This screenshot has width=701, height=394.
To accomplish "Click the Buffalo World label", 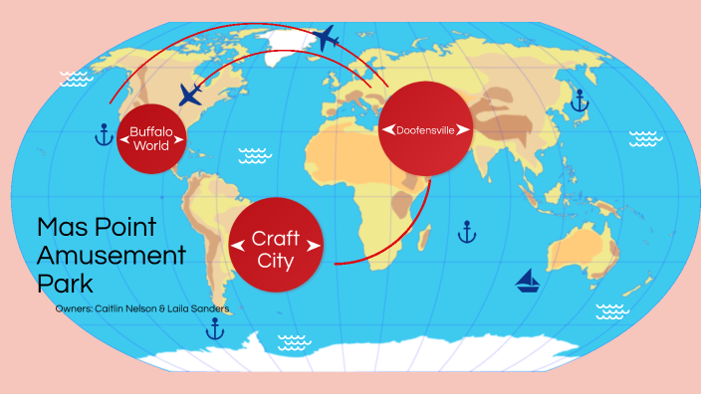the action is [x=150, y=139].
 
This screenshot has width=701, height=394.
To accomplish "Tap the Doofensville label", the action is [x=424, y=130].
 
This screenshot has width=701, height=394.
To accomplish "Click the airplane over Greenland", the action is [x=326, y=39].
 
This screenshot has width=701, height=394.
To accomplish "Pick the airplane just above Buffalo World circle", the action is [x=191, y=95].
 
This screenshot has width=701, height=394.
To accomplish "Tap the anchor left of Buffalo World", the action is [x=103, y=134].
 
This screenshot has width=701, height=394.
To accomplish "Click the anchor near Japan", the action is [x=578, y=99].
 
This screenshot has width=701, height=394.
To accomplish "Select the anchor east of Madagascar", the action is [x=465, y=232].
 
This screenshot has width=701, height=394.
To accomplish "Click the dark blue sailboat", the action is [x=528, y=282].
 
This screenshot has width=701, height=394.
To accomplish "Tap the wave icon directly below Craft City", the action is [x=293, y=342].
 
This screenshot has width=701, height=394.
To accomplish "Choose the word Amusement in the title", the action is [x=111, y=255].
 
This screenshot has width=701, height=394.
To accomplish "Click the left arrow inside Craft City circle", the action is [x=237, y=245].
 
